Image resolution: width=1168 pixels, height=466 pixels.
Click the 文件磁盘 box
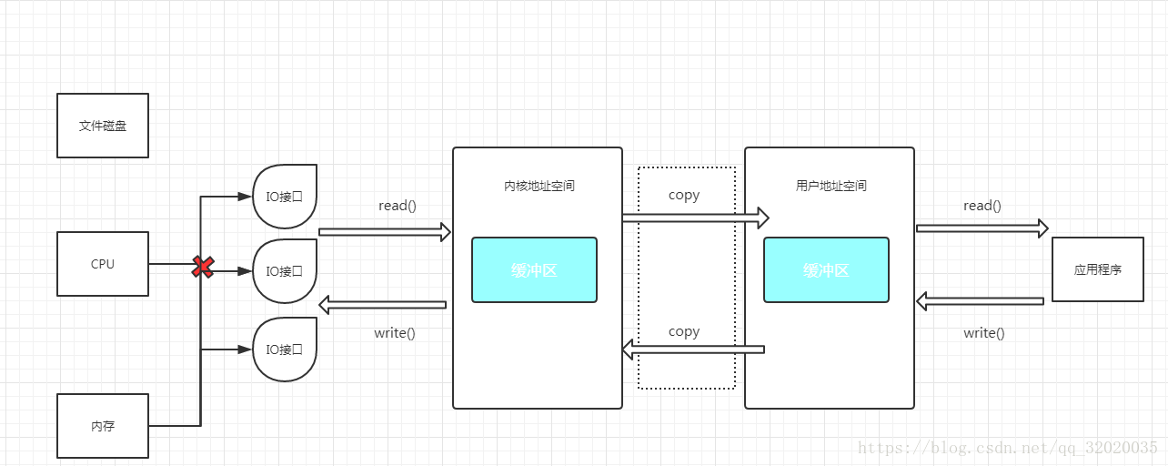tap(103, 126)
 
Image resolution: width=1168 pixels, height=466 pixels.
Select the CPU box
tap(103, 264)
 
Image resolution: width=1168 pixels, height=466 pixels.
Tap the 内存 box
tap(103, 426)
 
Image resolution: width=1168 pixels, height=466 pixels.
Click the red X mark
tap(203, 267)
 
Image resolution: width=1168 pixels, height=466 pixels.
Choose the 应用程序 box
tap(1097, 269)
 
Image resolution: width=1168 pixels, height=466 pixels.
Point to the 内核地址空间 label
tap(539, 186)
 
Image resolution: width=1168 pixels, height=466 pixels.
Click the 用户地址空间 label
tap(831, 186)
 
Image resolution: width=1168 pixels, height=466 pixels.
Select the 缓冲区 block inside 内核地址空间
tap(534, 270)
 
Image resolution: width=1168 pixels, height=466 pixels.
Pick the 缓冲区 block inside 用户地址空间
tap(826, 270)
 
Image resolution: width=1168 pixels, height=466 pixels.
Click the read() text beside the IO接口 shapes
tap(398, 206)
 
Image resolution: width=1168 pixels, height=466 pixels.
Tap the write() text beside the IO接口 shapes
tap(395, 333)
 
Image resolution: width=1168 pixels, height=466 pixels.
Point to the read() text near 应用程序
tap(982, 206)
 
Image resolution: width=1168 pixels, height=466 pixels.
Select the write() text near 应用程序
tap(984, 333)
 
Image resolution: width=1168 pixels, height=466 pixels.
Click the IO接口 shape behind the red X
tap(285, 271)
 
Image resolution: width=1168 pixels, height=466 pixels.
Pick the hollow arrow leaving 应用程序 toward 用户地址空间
tap(980, 301)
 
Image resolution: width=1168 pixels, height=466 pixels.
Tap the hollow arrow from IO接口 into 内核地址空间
tap(385, 232)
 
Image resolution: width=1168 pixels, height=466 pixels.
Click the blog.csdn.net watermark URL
tap(1009, 448)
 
